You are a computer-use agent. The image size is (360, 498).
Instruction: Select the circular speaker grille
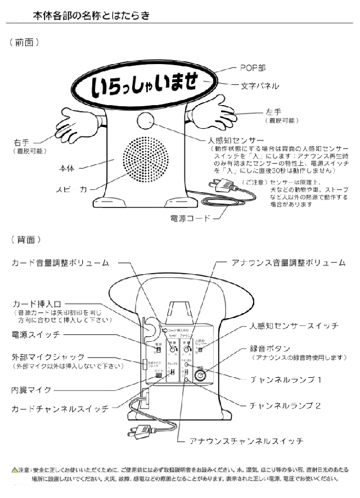(x=146, y=159)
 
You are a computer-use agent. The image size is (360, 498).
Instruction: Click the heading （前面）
(x=28, y=42)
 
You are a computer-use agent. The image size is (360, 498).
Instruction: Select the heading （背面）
(x=28, y=239)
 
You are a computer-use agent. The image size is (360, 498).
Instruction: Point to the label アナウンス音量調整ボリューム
(x=289, y=262)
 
